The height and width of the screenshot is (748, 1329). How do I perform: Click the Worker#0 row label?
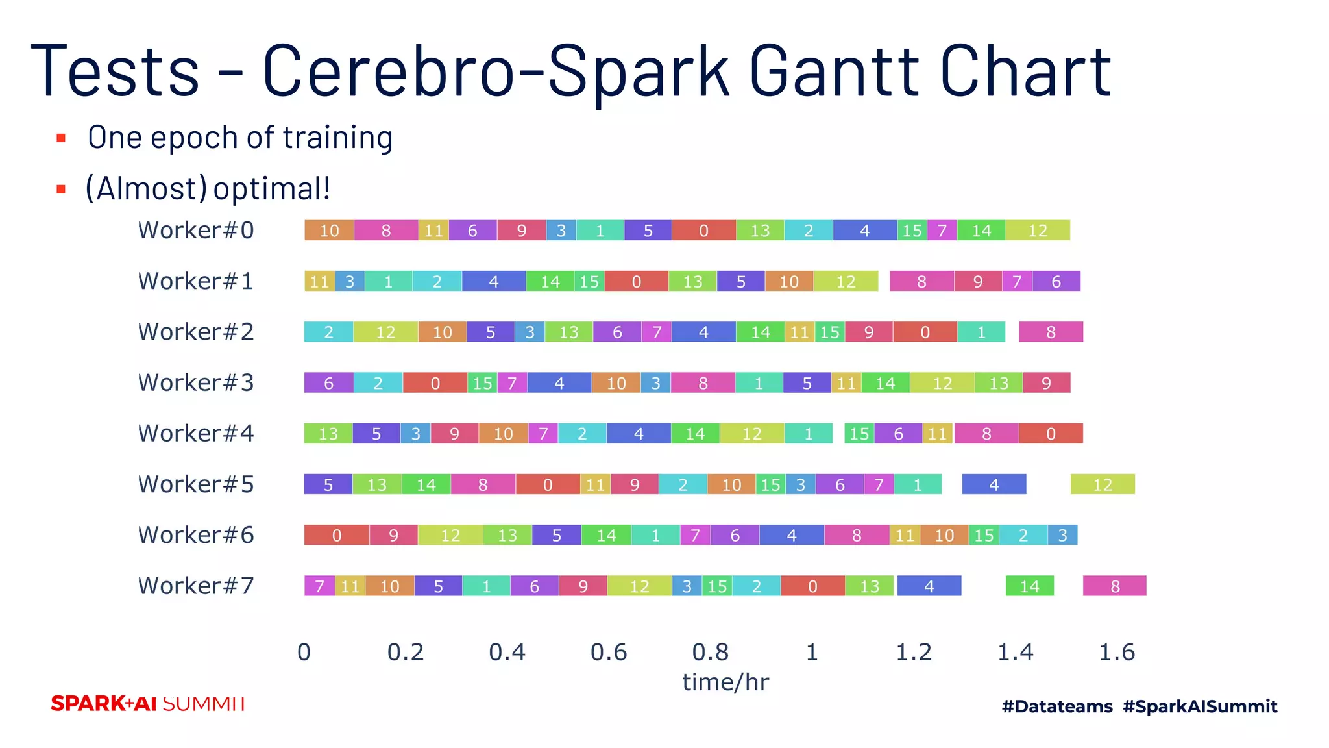(x=195, y=231)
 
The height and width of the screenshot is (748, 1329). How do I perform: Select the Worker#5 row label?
(x=195, y=484)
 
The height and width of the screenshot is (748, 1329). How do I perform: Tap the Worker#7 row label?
(x=195, y=586)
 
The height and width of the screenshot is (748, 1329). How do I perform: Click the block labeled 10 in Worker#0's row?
(x=329, y=231)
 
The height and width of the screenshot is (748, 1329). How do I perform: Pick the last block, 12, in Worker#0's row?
(x=1037, y=231)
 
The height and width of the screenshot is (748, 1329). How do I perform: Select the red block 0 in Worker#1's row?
(x=636, y=281)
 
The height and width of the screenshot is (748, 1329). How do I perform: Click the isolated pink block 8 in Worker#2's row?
(x=1051, y=332)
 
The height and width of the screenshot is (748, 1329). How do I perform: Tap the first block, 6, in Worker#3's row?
(x=328, y=383)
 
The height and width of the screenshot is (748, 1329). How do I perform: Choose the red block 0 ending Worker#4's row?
(x=1051, y=434)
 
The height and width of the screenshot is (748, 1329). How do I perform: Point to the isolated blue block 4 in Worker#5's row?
(x=994, y=484)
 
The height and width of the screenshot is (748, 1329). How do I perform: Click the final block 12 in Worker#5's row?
(x=1102, y=484)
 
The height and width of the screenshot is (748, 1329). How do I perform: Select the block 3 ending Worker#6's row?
(x=1062, y=535)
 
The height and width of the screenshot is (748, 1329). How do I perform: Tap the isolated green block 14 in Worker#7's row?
(x=1029, y=586)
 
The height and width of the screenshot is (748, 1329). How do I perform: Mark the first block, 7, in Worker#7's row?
(x=319, y=586)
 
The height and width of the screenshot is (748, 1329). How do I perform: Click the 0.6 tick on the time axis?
(x=609, y=652)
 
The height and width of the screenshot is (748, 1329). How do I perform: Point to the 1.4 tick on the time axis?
(x=1015, y=652)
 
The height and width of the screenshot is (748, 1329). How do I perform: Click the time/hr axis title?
(x=725, y=682)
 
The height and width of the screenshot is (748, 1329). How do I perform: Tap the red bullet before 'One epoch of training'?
(x=61, y=138)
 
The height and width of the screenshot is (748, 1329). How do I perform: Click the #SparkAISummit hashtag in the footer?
(x=1200, y=706)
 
